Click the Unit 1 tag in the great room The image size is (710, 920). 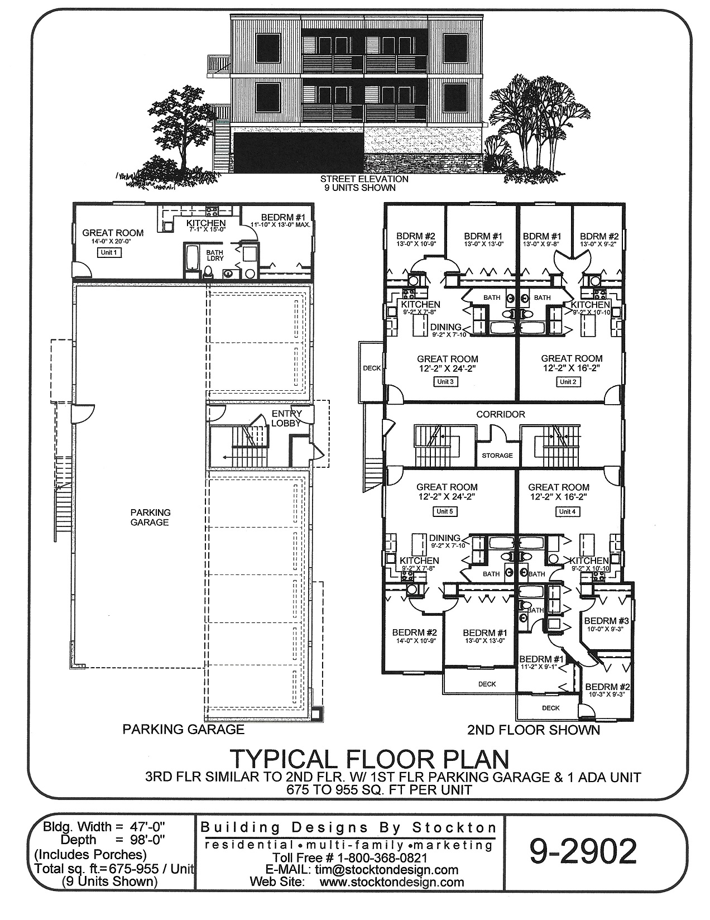(x=109, y=252)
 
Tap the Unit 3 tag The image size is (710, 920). (x=445, y=382)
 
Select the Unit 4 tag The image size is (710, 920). (x=566, y=511)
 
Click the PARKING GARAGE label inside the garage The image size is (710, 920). (x=150, y=517)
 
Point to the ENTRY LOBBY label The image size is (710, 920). (x=286, y=418)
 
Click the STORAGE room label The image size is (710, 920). (x=497, y=455)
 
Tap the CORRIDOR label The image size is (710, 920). (x=500, y=414)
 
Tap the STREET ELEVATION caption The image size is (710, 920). (x=364, y=179)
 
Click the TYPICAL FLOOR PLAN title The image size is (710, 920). (x=369, y=759)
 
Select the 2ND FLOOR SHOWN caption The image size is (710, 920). (x=533, y=730)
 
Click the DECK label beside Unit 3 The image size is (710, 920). (x=371, y=368)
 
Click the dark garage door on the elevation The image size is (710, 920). (x=299, y=152)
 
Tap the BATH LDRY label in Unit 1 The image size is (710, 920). (x=215, y=255)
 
